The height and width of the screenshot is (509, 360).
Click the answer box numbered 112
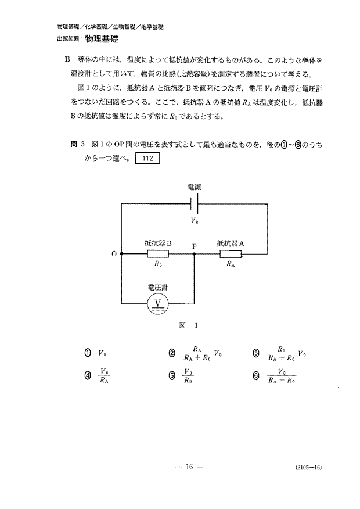[146, 157]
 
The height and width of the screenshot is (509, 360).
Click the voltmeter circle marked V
[157, 302]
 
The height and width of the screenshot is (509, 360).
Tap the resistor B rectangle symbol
[157, 254]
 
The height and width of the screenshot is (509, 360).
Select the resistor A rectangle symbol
[231, 254]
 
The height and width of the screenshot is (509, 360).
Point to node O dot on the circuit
[121, 254]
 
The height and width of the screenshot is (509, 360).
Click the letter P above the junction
[194, 246]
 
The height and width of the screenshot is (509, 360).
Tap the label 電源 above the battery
[195, 187]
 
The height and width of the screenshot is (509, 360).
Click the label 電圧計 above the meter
[157, 286]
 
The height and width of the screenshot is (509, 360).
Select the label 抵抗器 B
[157, 243]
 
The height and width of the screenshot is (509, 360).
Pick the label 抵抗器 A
[230, 243]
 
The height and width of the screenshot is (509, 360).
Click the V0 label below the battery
[195, 220]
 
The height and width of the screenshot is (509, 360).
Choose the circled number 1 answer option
[88, 353]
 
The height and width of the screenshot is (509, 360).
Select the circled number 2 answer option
[172, 353]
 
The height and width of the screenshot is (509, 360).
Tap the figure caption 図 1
[189, 325]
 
